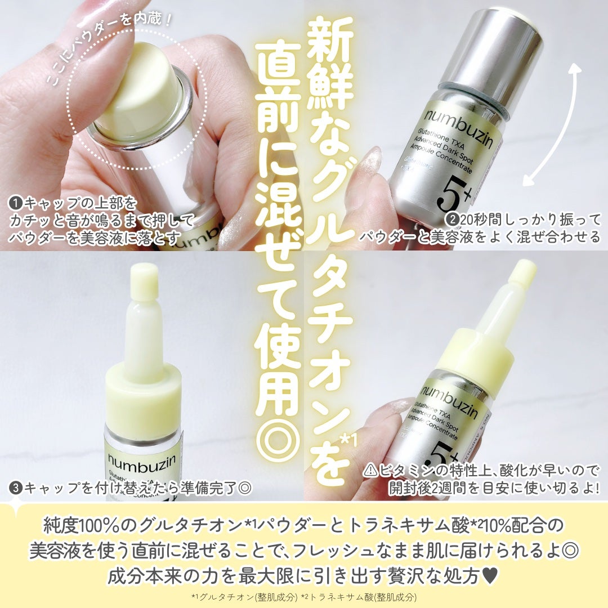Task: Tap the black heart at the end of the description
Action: pyautogui.click(x=490, y=576)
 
